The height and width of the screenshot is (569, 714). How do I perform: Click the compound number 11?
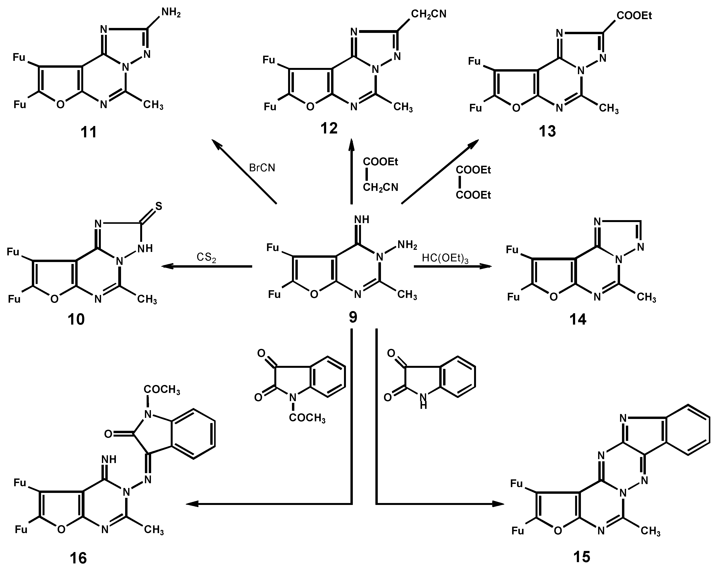click(89, 132)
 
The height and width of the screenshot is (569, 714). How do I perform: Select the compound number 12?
click(329, 128)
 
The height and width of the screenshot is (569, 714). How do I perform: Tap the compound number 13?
click(547, 131)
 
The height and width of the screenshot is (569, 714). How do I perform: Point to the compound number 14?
click(578, 319)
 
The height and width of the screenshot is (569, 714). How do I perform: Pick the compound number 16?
click(78, 558)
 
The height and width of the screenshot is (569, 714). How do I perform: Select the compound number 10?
click(76, 319)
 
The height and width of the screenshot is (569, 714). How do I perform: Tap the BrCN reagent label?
click(262, 168)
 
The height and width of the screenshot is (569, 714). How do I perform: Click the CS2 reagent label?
click(206, 258)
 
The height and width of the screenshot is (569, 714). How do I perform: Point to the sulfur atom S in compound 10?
click(159, 206)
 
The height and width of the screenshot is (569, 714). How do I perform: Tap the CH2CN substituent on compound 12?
click(428, 14)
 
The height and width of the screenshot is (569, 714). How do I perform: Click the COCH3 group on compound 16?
click(162, 390)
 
